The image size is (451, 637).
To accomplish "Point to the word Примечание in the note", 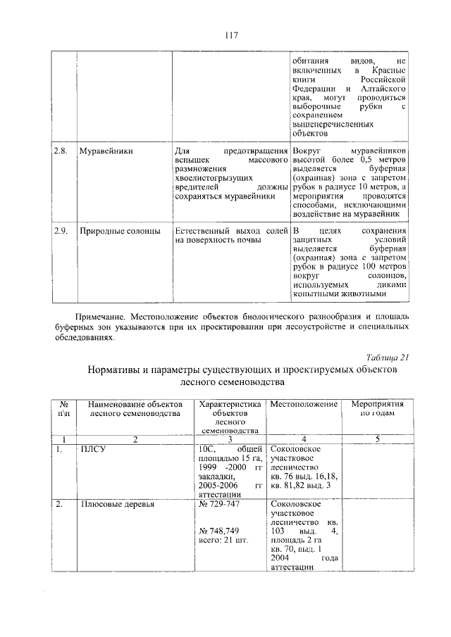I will (101, 317).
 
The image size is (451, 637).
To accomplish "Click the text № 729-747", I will (220, 505).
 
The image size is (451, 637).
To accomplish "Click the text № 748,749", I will (219, 530).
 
